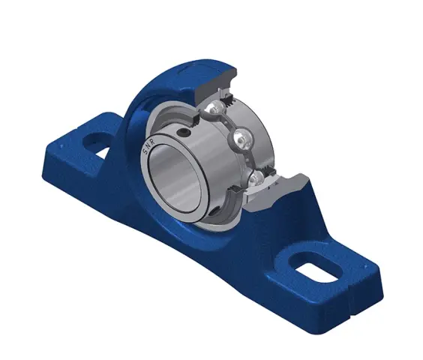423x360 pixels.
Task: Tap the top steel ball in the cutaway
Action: click(215, 108)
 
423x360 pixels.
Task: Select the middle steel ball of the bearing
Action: click(242, 139)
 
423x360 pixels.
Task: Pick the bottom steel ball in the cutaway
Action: click(256, 178)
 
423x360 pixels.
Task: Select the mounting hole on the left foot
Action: click(97, 143)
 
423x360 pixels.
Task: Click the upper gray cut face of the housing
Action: click(216, 81)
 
